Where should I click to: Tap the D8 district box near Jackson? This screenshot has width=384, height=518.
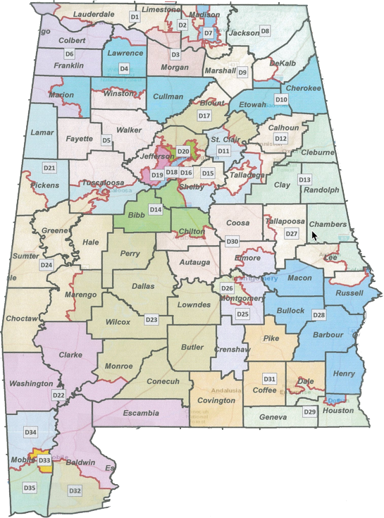pos(265,31)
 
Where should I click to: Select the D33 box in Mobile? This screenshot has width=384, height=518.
pos(44,460)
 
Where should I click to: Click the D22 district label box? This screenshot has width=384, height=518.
pos(58,395)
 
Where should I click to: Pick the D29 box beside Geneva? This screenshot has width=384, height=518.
pos(309,412)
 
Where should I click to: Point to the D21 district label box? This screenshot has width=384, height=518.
pos(49,168)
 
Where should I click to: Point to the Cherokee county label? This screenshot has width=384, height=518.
pos(303,88)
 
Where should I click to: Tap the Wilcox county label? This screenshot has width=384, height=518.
pos(118,322)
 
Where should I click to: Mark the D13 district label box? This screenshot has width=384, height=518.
pos(304,180)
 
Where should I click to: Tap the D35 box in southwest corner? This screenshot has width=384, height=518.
pos(30,487)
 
